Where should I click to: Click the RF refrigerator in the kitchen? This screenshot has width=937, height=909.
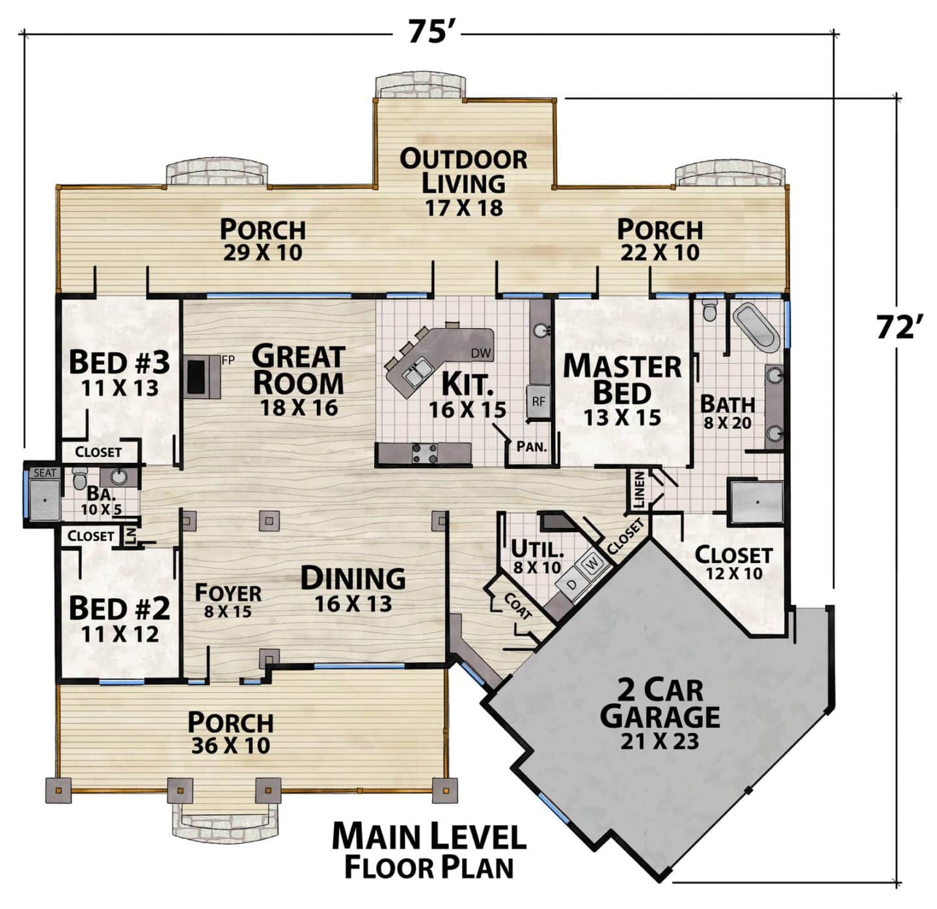538,401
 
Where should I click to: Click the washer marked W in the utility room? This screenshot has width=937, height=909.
593,562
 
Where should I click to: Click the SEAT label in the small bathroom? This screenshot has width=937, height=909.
45,473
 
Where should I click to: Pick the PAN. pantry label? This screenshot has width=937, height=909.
532,447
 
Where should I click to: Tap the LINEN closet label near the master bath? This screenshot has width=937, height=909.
640,490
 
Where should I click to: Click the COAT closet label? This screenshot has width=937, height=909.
517,606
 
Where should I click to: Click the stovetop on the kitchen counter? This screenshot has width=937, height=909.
425,453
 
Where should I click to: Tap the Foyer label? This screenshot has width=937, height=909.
228,593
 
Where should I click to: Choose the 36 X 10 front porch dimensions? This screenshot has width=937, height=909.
230,746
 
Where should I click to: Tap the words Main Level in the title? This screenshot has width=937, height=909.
429,837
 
